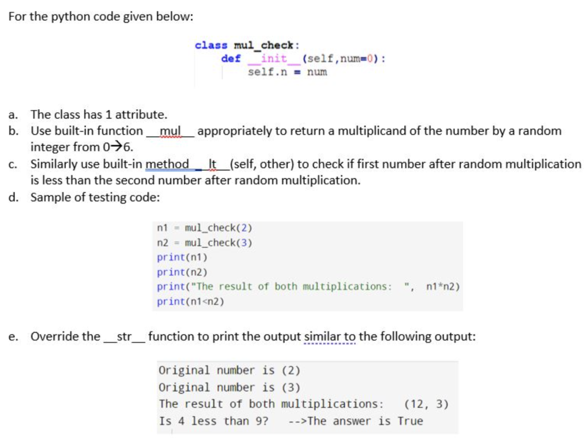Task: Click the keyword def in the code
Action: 231,59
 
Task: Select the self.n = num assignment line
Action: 287,72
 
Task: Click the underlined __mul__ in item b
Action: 170,131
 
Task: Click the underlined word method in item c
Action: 167,164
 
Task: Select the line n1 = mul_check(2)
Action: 204,227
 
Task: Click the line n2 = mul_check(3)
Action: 204,242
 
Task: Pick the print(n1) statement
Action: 182,257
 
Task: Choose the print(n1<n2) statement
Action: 191,301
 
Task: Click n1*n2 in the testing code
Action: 443,287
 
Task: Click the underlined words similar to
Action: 330,336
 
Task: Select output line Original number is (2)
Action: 229,370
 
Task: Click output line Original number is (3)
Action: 229,387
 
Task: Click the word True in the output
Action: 410,421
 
